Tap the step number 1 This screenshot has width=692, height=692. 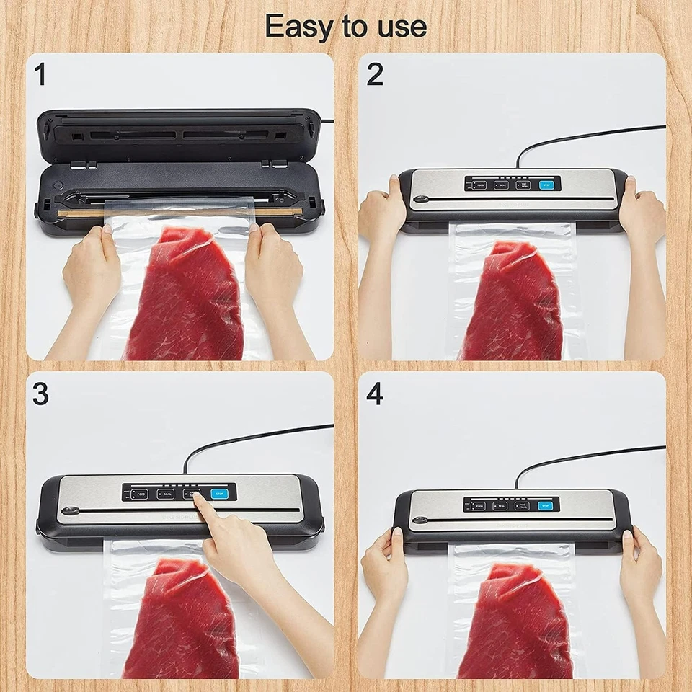(40, 74)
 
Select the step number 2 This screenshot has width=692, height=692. (375, 74)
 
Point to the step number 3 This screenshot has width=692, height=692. (40, 394)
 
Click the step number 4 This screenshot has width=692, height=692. (376, 394)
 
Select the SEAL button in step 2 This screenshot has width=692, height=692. (501, 185)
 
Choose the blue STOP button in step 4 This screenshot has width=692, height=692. (547, 505)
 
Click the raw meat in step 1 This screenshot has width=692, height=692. (184, 296)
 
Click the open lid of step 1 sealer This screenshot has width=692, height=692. (177, 134)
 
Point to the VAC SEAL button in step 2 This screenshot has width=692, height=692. (523, 185)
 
